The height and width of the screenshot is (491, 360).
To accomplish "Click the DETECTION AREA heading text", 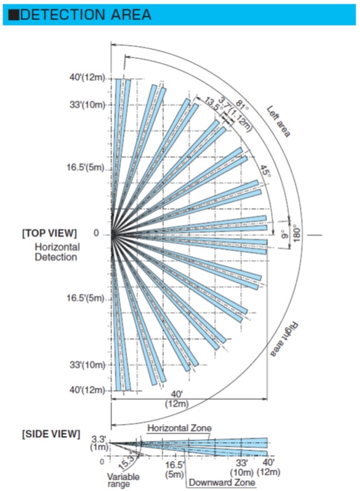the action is (85, 15).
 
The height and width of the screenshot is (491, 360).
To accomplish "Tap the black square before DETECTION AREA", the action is (14, 15).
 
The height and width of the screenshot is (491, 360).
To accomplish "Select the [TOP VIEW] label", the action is (49, 233).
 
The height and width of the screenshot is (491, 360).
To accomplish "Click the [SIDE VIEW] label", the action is (51, 434).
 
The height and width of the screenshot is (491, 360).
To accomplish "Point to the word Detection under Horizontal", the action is (56, 257).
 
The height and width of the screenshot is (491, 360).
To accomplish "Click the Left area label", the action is (278, 121).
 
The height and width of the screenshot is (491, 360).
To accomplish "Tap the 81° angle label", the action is (242, 105).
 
